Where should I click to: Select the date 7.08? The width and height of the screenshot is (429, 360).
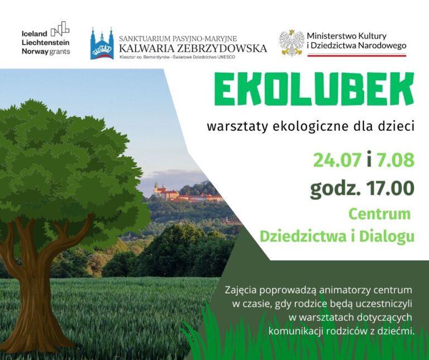[x=395, y=160]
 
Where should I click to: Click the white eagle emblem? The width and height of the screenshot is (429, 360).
[x=291, y=43]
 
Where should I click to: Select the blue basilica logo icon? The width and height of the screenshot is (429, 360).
[x=102, y=44]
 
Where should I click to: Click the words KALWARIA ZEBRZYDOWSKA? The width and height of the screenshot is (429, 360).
[x=193, y=48]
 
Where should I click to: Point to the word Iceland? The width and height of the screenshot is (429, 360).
[x=34, y=34]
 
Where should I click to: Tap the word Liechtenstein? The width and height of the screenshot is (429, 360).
[x=45, y=42]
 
